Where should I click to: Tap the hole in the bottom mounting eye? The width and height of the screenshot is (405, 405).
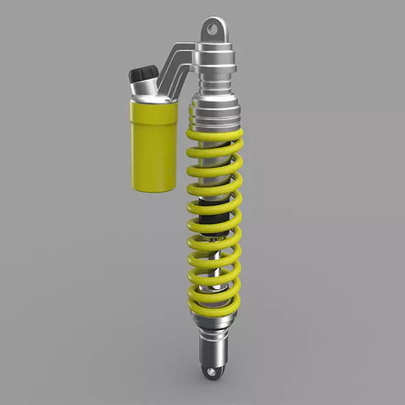tap(213, 371)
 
